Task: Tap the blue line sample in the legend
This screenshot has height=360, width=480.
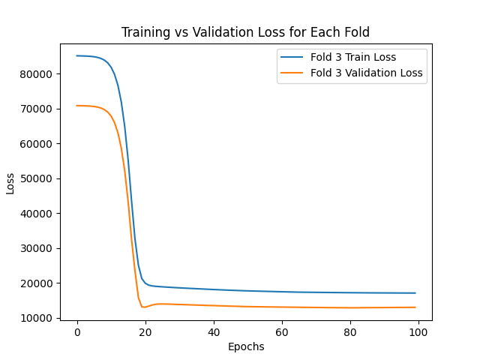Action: click(x=290, y=56)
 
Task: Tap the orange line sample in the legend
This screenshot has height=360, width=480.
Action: click(x=290, y=73)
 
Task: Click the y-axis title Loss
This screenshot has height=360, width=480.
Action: click(x=10, y=182)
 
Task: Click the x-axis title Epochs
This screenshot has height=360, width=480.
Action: click(x=246, y=346)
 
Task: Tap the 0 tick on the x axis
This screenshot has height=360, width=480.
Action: click(x=77, y=332)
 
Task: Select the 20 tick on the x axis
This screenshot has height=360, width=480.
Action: click(x=145, y=332)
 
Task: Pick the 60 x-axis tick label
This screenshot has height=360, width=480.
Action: click(x=282, y=332)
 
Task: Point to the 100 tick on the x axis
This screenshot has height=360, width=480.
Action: click(x=418, y=332)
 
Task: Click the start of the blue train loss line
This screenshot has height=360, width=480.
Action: click(x=77, y=55)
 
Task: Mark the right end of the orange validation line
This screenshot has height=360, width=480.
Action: click(x=415, y=307)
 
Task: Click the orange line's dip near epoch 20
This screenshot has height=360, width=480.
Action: click(x=142, y=307)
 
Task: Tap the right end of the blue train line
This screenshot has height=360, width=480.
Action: click(x=415, y=293)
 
